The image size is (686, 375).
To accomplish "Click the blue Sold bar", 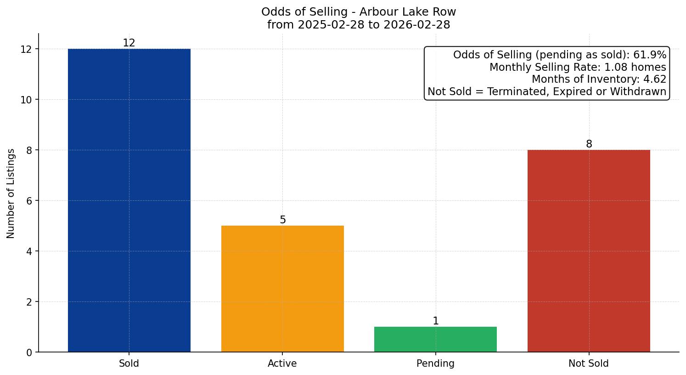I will pyautogui.click(x=129, y=200).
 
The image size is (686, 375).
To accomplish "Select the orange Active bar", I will pyautogui.click(x=282, y=289).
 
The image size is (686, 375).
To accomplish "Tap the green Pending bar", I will pyautogui.click(x=435, y=339).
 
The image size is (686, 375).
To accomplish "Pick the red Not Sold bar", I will pyautogui.click(x=589, y=251).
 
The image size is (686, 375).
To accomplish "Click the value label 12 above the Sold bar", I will pyautogui.click(x=129, y=43).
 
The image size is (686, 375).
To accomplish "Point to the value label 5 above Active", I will pyautogui.click(x=283, y=220).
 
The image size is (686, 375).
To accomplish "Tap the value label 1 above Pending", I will pyautogui.click(x=436, y=321).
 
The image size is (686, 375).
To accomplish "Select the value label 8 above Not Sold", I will pyautogui.click(x=589, y=144).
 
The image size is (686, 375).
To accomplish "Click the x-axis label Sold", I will pyautogui.click(x=129, y=364).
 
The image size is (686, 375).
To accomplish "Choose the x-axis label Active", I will pyautogui.click(x=282, y=364).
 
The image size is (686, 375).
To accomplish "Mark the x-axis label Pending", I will pyautogui.click(x=435, y=364).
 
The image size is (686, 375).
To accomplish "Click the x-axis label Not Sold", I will pyautogui.click(x=589, y=364).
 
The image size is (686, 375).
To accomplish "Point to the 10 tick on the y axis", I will pyautogui.click(x=27, y=100).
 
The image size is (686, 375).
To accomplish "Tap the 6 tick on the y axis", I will pyautogui.click(x=29, y=201).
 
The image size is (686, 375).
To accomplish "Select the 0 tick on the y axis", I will pyautogui.click(x=29, y=352).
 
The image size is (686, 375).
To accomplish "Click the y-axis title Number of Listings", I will pyautogui.click(x=11, y=193).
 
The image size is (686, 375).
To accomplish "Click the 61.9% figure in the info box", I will pyautogui.click(x=650, y=55).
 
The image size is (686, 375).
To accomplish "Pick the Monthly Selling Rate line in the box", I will pyautogui.click(x=578, y=67).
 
